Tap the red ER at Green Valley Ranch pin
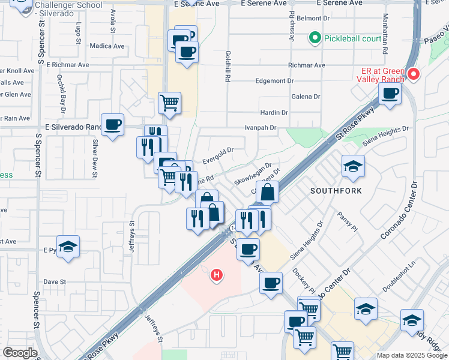tap(413, 74)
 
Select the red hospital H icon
tap(217, 275)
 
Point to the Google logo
tap(20, 353)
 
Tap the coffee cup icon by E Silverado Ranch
tap(112, 125)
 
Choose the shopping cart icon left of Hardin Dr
tap(170, 103)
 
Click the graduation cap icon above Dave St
tap(68, 246)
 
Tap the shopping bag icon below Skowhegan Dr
tap(268, 193)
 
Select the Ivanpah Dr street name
tap(260, 128)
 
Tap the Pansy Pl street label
tap(347, 221)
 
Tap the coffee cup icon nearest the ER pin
tap(390, 94)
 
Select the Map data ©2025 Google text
tap(412, 355)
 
